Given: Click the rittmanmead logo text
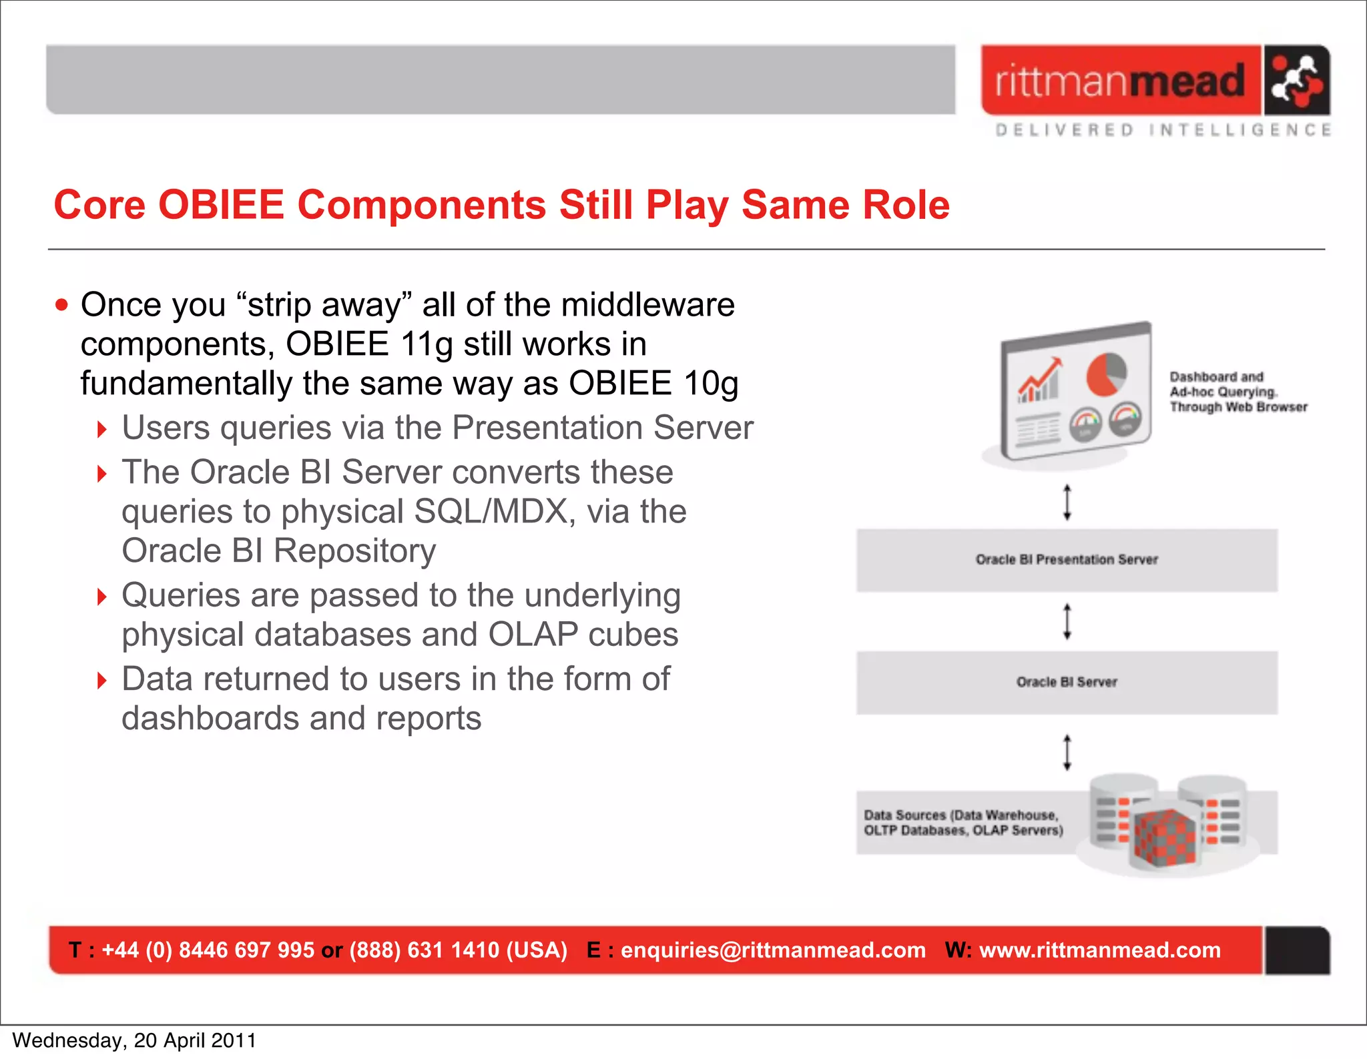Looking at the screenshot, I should coord(1120,81).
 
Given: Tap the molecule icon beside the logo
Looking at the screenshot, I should coord(1296,81).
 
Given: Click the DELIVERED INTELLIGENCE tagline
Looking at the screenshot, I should coord(1163,129).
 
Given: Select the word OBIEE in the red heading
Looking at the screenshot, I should coord(221,205).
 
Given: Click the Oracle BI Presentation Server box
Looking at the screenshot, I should coord(1067,560).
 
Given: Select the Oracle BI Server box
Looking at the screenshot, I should coord(1067,683).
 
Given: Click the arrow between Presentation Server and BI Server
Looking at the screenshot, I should coord(1067,621).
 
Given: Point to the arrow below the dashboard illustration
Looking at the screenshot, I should coord(1067,502).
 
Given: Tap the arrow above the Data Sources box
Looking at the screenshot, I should coord(1067,753).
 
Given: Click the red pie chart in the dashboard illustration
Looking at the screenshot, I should coord(1106,375).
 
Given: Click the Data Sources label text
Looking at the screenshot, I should coord(963,823).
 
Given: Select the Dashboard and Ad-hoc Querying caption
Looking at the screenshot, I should coord(1237,392).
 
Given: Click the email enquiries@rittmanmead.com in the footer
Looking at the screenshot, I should coord(773,950).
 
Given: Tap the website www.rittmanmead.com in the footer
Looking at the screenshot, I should coord(1099,950).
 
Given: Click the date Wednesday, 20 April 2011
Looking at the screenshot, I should coord(134,1040).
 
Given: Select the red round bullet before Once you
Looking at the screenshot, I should coord(62,306).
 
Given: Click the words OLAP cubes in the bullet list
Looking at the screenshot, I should coord(583,635).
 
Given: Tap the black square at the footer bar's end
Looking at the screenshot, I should coord(1296,950).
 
